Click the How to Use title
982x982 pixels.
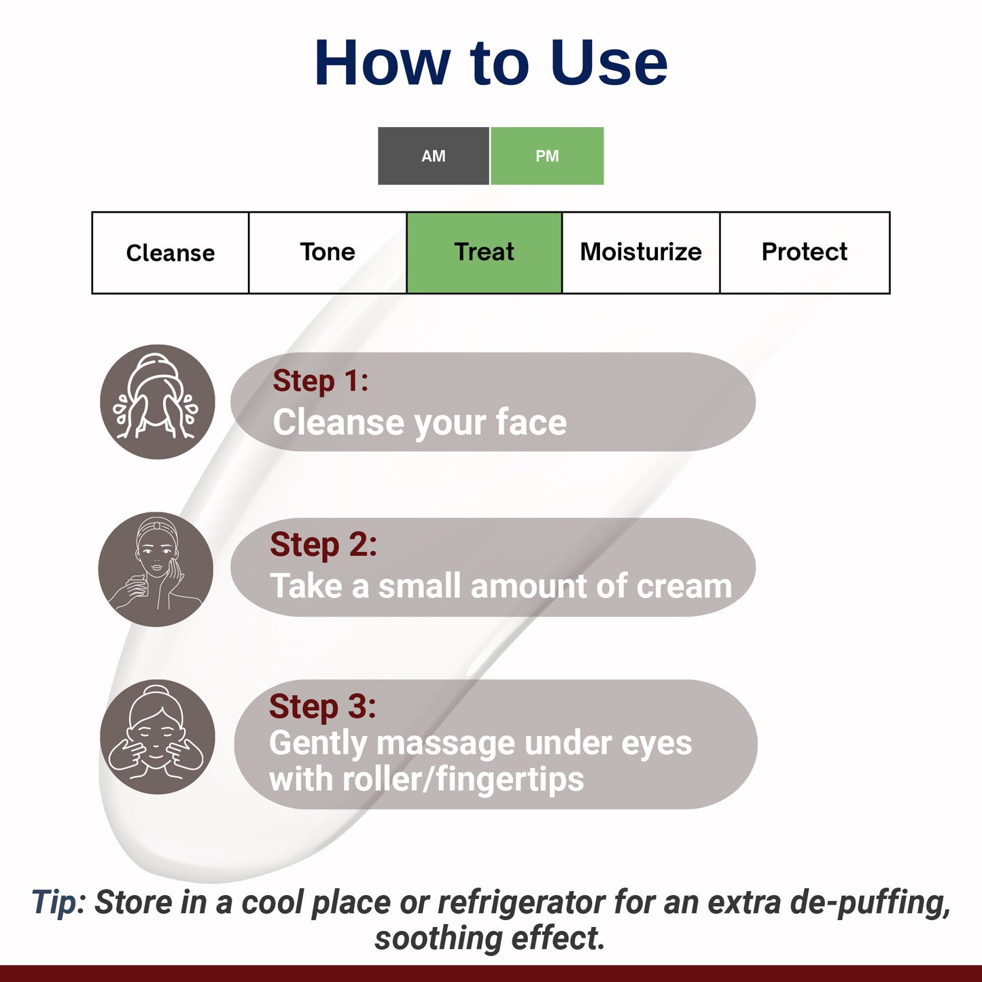(491, 63)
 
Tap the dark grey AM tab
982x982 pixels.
(433, 156)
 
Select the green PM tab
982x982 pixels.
(547, 156)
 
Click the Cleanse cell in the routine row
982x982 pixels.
(171, 253)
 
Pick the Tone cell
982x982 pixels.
(328, 252)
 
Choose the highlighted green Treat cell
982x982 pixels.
(484, 252)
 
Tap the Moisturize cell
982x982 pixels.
(640, 252)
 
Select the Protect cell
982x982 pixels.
(804, 252)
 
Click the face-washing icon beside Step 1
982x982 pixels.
(158, 402)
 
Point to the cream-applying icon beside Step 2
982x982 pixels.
(156, 569)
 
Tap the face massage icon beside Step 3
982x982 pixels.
(158, 737)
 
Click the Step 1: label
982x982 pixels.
(320, 381)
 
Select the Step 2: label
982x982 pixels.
(323, 545)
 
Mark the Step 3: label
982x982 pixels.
(322, 707)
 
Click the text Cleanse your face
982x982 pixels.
(419, 423)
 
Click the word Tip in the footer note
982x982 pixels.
(54, 903)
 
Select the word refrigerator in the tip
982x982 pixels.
(521, 903)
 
